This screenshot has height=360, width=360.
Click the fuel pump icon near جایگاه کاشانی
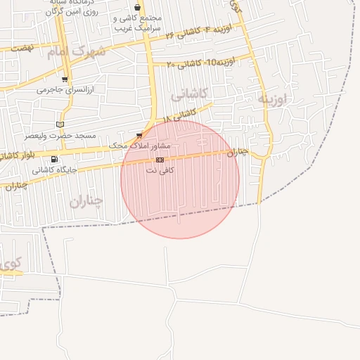(54, 160)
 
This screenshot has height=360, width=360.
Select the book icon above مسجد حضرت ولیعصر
(59, 124)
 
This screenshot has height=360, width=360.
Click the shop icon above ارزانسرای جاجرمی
(65, 80)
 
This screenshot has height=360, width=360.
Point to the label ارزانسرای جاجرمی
(60, 90)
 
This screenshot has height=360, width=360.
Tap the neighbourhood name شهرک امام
(77, 51)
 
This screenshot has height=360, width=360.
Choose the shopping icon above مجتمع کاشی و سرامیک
(137, 8)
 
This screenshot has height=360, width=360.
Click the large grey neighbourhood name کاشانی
(189, 93)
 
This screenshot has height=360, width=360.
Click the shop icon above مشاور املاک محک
(139, 135)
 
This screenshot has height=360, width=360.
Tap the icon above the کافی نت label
(159, 160)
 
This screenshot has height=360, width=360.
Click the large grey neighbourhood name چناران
(86, 202)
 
